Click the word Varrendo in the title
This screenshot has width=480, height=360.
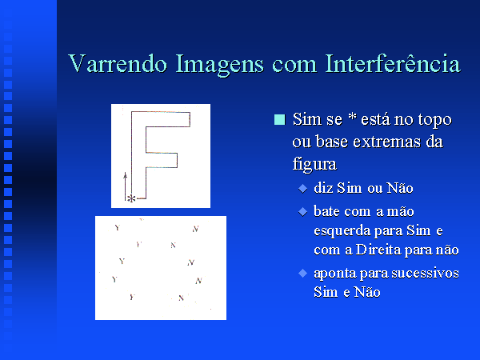point(118,63)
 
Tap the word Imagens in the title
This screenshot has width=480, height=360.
point(219,65)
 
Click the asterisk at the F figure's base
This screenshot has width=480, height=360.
point(131,198)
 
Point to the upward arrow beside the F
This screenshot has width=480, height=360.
point(125,186)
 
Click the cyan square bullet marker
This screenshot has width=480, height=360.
point(279,119)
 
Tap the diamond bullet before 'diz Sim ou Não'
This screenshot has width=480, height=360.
point(302,189)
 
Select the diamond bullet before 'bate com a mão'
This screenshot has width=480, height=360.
point(302,211)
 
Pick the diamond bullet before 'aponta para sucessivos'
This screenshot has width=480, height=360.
point(302,273)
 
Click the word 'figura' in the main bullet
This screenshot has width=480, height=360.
point(314,164)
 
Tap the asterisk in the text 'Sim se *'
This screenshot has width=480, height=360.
point(352,116)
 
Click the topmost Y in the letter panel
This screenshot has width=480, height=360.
point(118,227)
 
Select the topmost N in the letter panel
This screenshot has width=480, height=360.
point(196,229)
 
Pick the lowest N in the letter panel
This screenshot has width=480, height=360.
point(182,298)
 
